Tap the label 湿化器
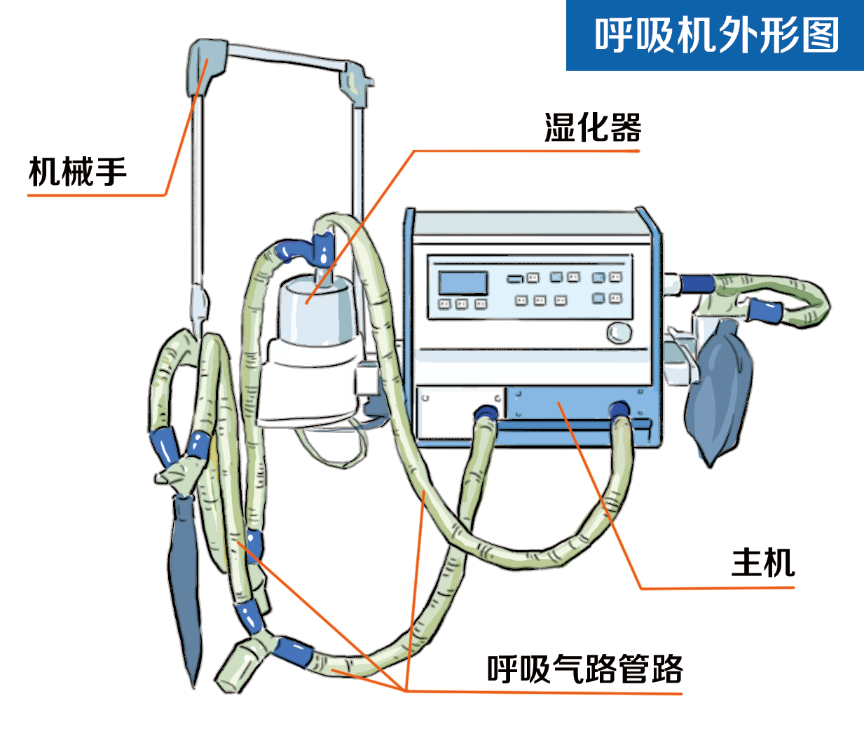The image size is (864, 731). [x=592, y=128]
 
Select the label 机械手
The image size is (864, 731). [x=77, y=172]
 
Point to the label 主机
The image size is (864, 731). [x=762, y=563]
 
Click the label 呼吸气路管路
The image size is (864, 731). [x=584, y=669]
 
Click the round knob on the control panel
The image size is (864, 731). [x=619, y=332]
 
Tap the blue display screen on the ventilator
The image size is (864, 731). [x=462, y=282]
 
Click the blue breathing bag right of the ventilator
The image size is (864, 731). [x=718, y=392]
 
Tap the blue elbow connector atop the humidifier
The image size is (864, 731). [x=301, y=249]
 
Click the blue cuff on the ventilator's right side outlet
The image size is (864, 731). [x=697, y=284]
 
